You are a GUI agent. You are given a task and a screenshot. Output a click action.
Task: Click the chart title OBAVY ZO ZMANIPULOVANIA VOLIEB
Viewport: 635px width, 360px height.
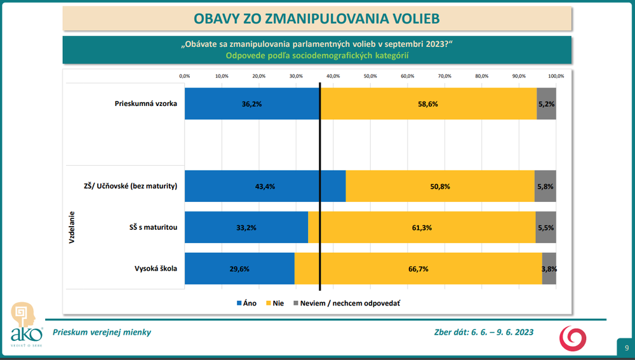tap(317, 18)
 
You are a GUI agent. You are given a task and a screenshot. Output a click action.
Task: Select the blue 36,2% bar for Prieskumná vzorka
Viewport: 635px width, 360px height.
tap(252, 103)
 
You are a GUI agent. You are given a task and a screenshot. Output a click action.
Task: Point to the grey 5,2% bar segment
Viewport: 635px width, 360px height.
tap(546, 103)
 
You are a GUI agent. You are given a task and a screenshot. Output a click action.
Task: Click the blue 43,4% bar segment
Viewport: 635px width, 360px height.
tap(265, 186)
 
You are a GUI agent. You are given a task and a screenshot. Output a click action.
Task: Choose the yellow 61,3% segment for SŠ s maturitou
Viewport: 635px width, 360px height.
tap(422, 227)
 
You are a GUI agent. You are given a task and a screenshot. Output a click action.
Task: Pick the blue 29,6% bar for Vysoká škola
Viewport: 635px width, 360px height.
tap(239, 269)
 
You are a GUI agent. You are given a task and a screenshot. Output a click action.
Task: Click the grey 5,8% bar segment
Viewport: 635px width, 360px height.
tap(545, 186)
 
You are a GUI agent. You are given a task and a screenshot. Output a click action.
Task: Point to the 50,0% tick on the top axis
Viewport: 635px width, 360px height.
tap(370, 76)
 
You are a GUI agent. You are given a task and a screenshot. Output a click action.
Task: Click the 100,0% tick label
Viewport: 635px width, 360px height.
tap(556, 76)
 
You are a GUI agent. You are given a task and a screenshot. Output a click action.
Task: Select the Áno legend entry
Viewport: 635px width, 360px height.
tap(246, 303)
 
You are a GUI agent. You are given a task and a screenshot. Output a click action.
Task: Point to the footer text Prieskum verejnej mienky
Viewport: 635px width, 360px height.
tap(102, 332)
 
